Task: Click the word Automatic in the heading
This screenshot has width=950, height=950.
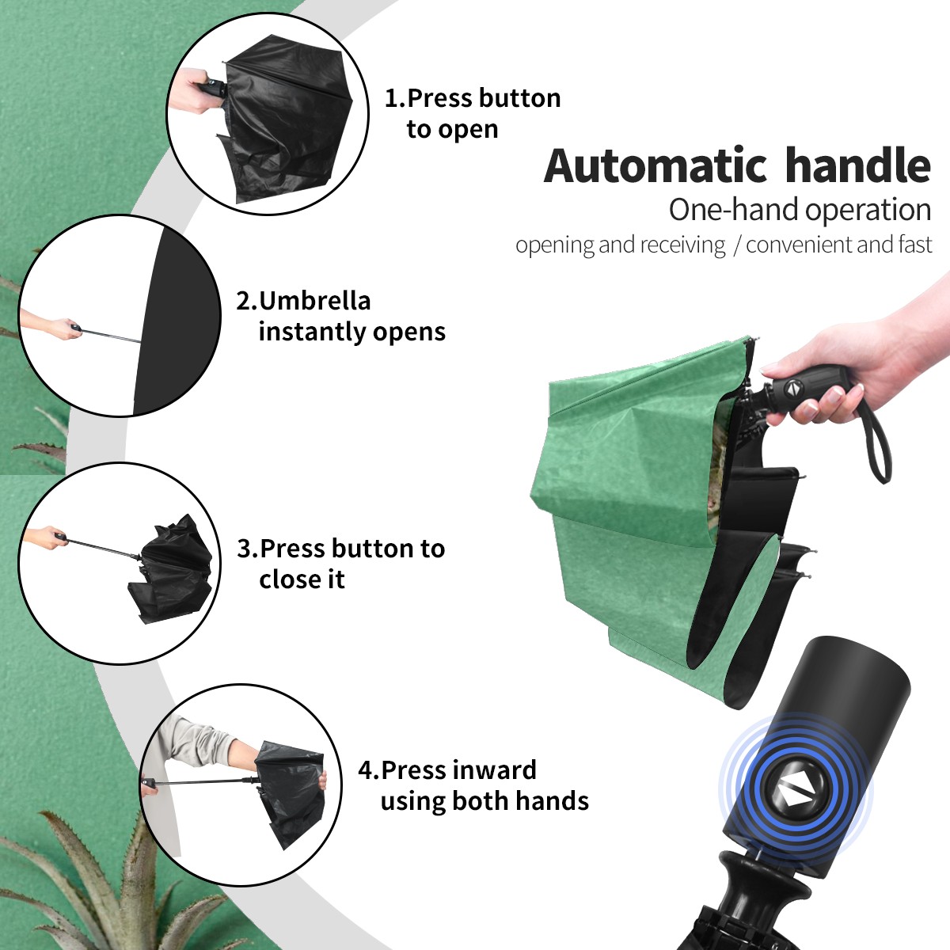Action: (x=655, y=166)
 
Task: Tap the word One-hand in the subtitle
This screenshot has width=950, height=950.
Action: (x=734, y=211)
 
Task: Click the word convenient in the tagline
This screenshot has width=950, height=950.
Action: (x=799, y=245)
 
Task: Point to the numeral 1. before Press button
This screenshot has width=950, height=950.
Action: (x=395, y=98)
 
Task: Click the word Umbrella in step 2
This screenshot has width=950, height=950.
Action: (x=314, y=301)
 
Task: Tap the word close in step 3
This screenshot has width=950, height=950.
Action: (x=285, y=579)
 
